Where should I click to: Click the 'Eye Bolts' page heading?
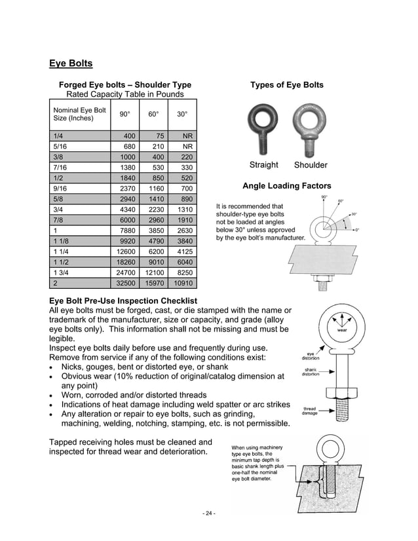(71, 64)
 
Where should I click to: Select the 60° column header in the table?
(153, 114)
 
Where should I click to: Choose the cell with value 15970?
(153, 284)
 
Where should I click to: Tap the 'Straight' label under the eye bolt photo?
(263, 165)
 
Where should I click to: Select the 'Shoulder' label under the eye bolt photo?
(310, 165)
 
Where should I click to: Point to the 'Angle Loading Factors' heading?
(286, 186)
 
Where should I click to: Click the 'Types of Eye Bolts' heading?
(286, 85)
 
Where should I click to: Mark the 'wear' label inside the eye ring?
(342, 331)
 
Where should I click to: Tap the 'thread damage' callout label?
(309, 411)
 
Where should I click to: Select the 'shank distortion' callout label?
(310, 372)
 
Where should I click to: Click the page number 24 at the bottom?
(208, 513)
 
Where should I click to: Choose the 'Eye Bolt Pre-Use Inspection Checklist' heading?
(124, 300)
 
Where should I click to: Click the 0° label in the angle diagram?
(357, 230)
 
